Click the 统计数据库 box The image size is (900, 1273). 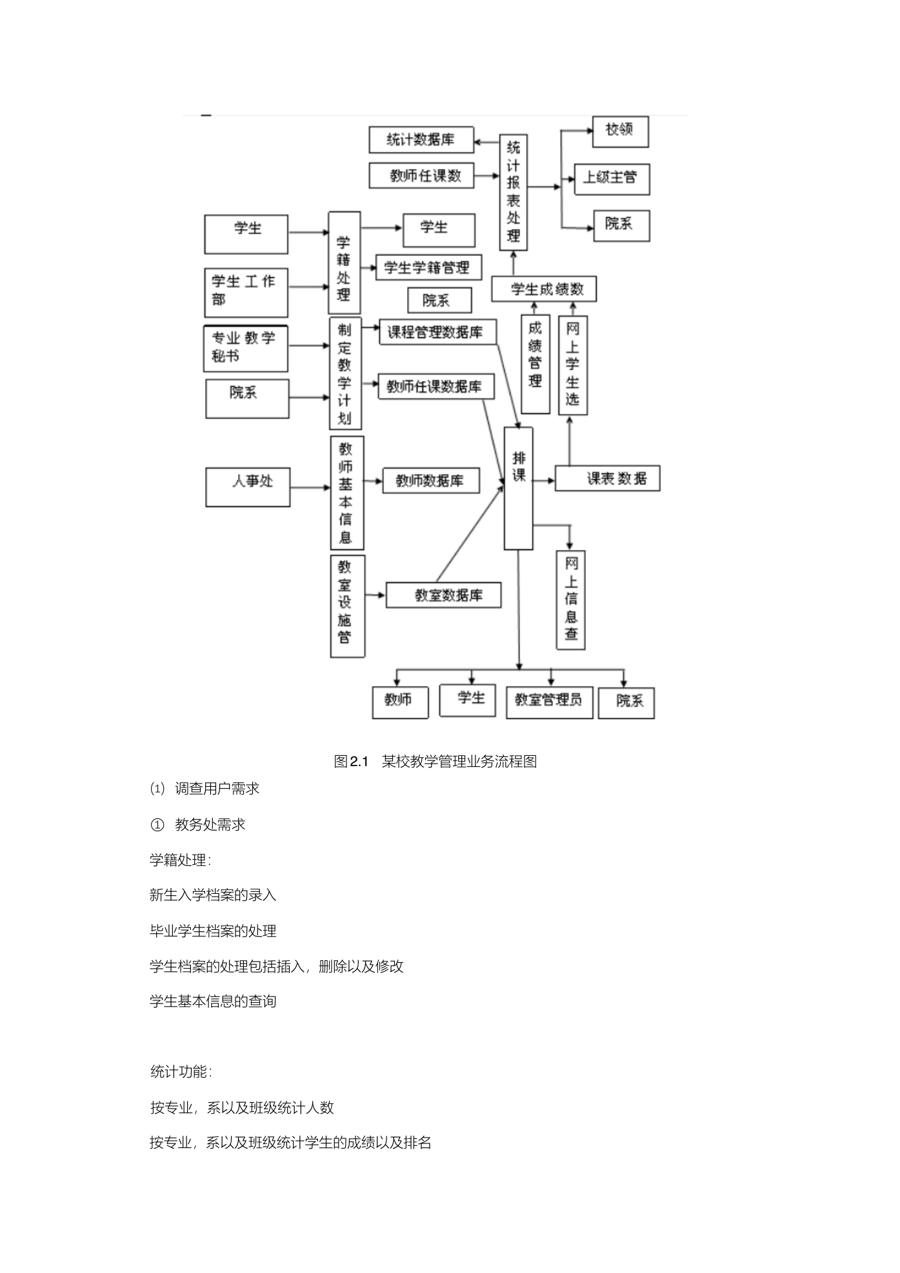pyautogui.click(x=421, y=140)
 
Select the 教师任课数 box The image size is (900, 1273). pyautogui.click(x=421, y=175)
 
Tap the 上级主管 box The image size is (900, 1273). pyautogui.click(x=612, y=179)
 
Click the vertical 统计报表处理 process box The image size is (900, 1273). pyautogui.click(x=514, y=192)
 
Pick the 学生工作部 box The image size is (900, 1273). pyautogui.click(x=246, y=293)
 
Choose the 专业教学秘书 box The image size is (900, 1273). pyautogui.click(x=246, y=348)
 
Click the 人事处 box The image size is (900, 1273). pyautogui.click(x=248, y=487)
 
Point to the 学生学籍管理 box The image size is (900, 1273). pyautogui.click(x=428, y=267)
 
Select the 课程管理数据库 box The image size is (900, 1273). pyautogui.click(x=439, y=332)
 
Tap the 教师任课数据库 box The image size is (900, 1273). pyautogui.click(x=436, y=386)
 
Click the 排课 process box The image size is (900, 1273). pyautogui.click(x=519, y=488)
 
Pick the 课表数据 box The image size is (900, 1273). pyautogui.click(x=608, y=479)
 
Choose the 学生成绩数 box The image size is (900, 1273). pyautogui.click(x=544, y=289)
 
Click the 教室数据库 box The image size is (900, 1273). pyautogui.click(x=444, y=595)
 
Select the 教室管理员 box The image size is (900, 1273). pyautogui.click(x=550, y=702)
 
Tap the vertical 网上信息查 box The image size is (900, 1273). pyautogui.click(x=571, y=600)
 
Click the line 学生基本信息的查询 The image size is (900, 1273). pyautogui.click(x=213, y=1002)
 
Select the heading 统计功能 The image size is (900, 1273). pyautogui.click(x=181, y=1072)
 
